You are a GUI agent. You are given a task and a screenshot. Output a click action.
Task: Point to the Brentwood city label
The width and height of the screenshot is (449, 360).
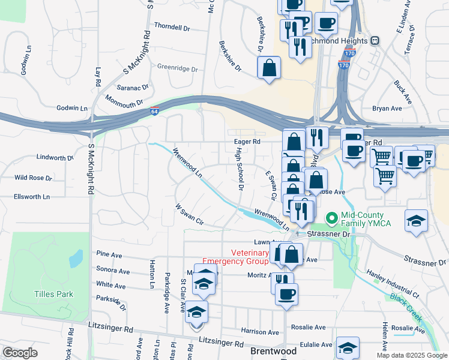click(273, 350)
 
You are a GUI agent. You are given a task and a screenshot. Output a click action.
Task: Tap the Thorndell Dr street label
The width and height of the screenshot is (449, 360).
click(172, 27)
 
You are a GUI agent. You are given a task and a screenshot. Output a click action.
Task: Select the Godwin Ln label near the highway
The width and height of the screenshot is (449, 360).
click(72, 108)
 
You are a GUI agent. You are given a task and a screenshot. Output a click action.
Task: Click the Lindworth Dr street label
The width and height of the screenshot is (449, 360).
click(55, 158)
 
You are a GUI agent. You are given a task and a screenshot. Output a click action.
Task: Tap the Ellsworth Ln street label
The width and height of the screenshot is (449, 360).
click(32, 196)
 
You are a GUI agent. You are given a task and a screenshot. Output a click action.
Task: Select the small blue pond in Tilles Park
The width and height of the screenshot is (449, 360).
click(76, 258)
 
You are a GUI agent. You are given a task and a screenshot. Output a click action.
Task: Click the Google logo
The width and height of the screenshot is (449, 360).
click(20, 353)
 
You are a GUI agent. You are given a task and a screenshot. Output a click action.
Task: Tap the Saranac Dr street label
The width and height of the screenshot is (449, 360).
click(132, 88)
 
